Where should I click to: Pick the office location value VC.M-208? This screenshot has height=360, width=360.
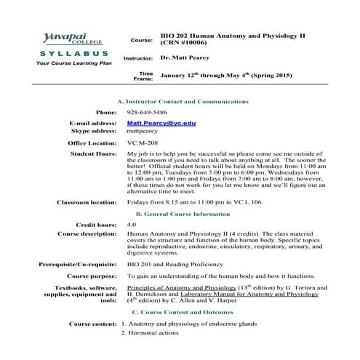point(142,143)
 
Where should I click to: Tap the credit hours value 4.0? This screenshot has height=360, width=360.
point(131,225)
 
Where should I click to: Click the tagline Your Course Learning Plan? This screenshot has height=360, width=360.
point(63,63)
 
